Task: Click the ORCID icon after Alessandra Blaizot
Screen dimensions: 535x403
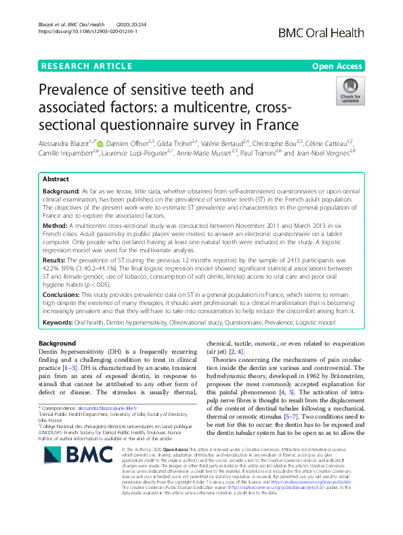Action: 103,143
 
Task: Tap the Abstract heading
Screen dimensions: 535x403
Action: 55,180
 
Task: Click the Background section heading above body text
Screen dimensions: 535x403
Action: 57,344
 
